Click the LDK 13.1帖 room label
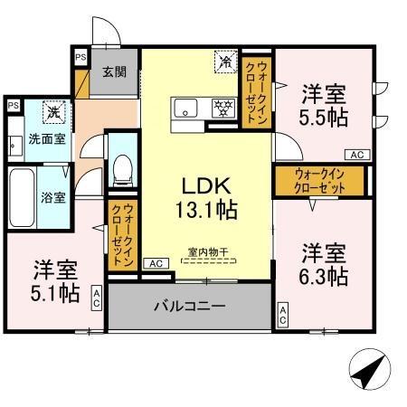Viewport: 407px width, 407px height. tap(211, 197)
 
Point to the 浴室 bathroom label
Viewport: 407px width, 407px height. tap(52, 197)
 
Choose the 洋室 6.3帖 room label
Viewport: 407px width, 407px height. tap(324, 263)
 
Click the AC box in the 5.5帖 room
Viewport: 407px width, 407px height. tap(356, 155)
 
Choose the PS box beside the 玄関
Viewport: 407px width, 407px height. tap(80, 56)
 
